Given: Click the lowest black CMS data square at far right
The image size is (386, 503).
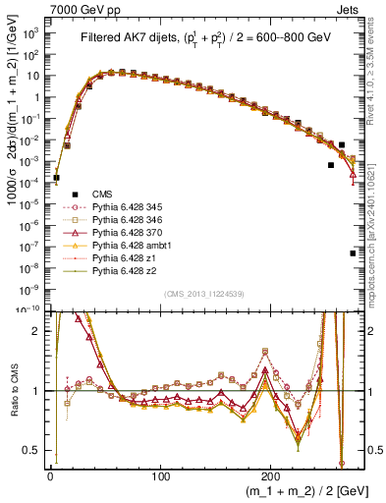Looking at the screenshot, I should point(352,253).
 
